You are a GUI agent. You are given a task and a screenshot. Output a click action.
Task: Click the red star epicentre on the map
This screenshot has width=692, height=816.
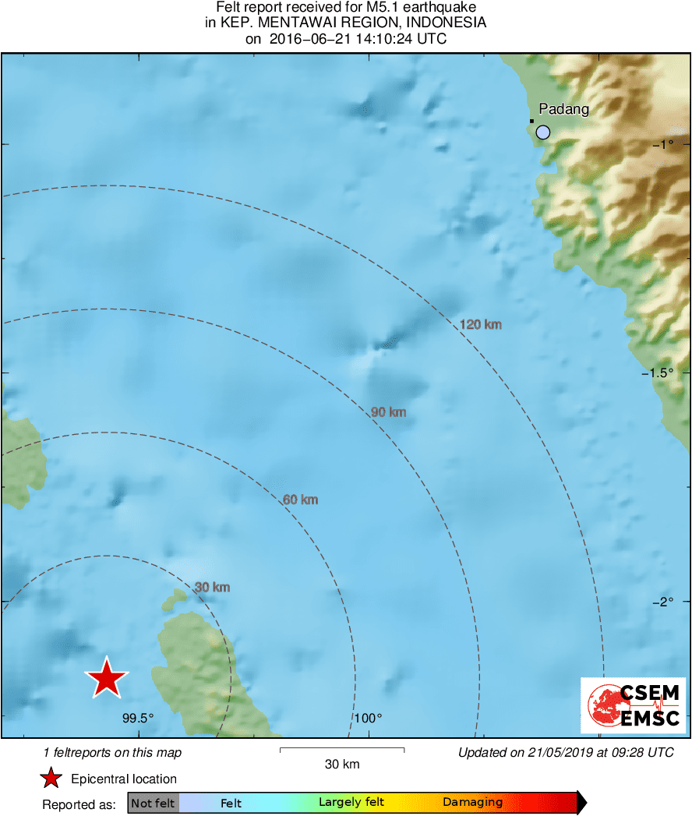coord(107,677)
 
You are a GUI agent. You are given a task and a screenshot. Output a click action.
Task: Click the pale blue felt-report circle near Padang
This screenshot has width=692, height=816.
coord(543,132)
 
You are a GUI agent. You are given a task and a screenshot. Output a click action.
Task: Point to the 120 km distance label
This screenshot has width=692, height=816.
coord(480,324)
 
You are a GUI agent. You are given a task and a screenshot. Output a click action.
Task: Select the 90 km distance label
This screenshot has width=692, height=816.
coord(388,412)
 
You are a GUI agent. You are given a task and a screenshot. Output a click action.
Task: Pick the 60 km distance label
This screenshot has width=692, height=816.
coord(300,500)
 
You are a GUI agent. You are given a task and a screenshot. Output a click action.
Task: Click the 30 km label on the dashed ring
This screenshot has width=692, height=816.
coord(212,587)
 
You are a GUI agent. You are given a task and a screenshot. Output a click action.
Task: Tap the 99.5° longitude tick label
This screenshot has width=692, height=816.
coord(138,719)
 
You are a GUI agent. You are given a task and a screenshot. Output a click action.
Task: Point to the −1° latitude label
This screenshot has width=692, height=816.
coord(663,144)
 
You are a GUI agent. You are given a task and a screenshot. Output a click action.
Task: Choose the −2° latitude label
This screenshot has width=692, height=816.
coord(663,601)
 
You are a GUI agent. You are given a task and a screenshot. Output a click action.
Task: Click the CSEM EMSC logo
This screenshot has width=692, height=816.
coord(633,705)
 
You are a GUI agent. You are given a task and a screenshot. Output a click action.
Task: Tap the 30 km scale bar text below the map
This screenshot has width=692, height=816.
coord(342,765)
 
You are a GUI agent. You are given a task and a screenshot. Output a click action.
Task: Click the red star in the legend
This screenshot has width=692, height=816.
coord(51,778)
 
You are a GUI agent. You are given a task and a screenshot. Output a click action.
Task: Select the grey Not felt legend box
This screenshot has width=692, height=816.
coord(154,803)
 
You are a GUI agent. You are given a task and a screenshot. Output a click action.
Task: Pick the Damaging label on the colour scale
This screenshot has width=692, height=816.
coord(472,802)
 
